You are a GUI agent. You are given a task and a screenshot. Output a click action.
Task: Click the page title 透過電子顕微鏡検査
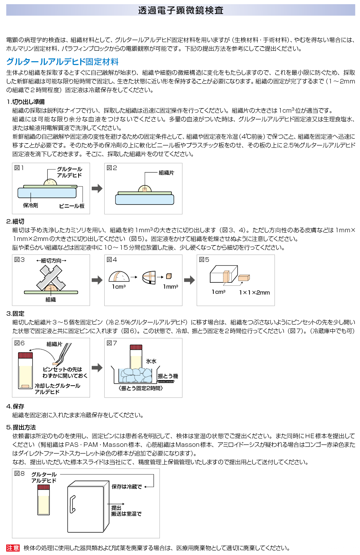(x=180, y=10)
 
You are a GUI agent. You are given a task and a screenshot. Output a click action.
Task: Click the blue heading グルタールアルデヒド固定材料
(x=63, y=62)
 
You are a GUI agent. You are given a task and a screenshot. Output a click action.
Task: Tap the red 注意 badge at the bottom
(x=13, y=548)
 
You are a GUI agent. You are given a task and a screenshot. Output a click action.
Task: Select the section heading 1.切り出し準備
(x=26, y=102)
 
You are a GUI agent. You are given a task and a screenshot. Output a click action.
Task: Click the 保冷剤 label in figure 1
(x=31, y=206)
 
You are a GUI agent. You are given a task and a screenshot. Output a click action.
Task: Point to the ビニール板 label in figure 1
(x=72, y=206)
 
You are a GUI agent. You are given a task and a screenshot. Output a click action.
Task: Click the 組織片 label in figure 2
(x=166, y=173)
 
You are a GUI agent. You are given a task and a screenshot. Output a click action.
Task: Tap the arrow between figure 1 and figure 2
(x=97, y=188)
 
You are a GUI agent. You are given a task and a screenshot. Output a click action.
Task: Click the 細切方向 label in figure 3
(x=51, y=260)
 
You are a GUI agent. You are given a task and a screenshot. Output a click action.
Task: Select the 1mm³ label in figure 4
(x=171, y=287)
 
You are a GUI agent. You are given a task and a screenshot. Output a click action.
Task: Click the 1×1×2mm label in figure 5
(x=254, y=292)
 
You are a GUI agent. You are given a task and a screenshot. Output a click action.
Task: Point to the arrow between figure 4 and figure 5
(x=189, y=280)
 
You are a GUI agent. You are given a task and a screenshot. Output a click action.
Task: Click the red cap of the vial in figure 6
(x=25, y=355)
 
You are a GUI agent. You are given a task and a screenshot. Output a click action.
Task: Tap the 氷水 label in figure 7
(x=151, y=361)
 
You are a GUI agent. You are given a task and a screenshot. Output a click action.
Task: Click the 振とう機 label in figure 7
(x=168, y=376)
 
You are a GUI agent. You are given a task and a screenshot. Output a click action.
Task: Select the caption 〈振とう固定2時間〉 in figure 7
(x=140, y=388)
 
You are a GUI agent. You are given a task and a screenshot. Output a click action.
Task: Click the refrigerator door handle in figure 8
(x=72, y=504)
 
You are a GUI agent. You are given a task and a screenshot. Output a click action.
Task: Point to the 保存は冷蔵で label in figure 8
(x=126, y=487)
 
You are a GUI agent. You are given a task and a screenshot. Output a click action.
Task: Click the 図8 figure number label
(x=19, y=474)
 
